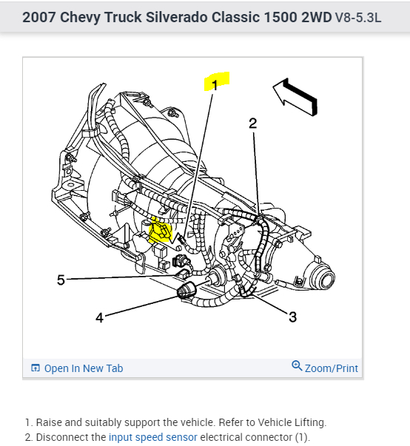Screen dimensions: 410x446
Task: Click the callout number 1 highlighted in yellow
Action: pos(215,85)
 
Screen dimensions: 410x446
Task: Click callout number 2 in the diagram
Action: pos(252,124)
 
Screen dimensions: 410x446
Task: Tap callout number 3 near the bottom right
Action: pos(293,317)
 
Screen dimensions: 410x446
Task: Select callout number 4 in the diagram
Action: pos(99,318)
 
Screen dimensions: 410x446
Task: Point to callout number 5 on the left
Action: pos(61,280)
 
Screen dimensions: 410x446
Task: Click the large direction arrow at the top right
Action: pos(296,97)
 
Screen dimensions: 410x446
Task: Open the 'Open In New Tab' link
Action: pos(84,368)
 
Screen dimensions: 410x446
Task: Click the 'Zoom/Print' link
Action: pos(332,368)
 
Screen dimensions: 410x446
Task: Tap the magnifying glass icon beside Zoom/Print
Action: pos(297,366)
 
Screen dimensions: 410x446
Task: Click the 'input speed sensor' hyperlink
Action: pos(153,437)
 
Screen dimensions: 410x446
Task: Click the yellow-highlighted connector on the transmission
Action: pos(161,231)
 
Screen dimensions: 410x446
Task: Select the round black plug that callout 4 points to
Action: pos(186,290)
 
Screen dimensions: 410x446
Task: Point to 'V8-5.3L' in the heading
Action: pos(358,18)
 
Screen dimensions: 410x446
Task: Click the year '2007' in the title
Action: pos(39,17)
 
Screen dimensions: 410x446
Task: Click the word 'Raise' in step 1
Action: pos(50,422)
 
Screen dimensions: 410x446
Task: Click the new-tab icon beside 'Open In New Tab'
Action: pos(36,368)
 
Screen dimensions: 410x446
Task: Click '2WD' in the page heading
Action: pos(317,17)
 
